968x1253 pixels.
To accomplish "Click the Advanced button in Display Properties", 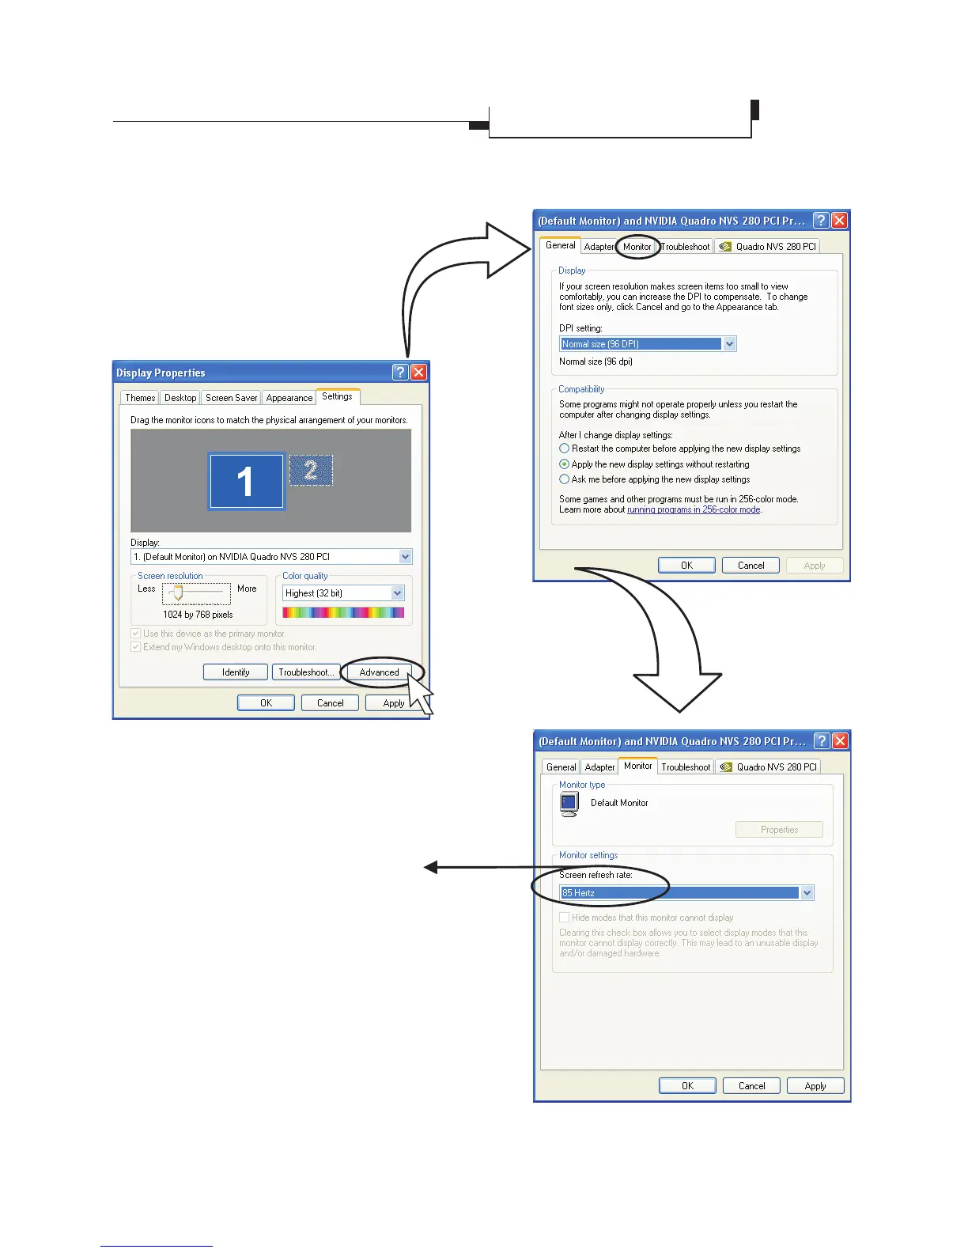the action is pos(379,672).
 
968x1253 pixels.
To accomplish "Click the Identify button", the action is pos(236,672).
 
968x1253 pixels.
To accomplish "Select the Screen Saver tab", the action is pos(231,398).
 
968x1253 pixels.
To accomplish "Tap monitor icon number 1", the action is pos(246,481).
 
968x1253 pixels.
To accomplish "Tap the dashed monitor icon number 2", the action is pos(311,471).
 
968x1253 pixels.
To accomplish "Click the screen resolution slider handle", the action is pos(178,593).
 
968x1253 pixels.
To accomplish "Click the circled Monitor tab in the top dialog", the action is pos(637,247).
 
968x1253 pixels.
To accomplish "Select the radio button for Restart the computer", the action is pos(565,449).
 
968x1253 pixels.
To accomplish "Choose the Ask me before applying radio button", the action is pos(565,479).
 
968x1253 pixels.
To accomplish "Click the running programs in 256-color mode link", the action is pos(694,510).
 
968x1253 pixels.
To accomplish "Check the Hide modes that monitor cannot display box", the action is pos(565,918).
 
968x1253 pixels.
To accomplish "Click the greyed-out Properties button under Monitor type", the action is pos(779,830).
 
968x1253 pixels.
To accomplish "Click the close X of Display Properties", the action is pos(419,373).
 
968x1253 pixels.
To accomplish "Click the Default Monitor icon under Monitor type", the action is pos(569,804).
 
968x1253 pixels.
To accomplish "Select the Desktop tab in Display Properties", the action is pos(180,398).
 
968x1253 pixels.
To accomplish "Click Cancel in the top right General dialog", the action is pos(751,566).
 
